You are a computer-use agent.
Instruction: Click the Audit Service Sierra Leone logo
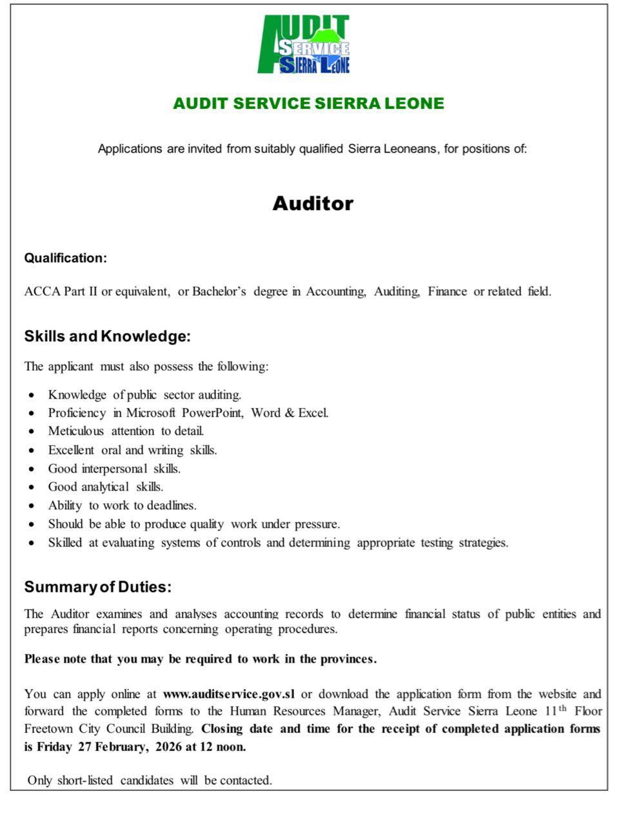(304, 44)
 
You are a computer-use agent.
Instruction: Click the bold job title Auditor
(313, 204)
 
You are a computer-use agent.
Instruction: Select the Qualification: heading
(65, 258)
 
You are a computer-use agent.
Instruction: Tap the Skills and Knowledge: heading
(108, 336)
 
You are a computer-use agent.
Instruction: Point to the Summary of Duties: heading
(98, 587)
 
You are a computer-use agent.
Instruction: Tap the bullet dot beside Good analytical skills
(32, 487)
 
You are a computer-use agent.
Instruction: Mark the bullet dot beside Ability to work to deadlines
(32, 506)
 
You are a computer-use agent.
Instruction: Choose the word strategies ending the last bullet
(483, 543)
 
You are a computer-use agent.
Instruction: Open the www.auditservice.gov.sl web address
(229, 694)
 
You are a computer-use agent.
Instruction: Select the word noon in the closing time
(232, 747)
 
